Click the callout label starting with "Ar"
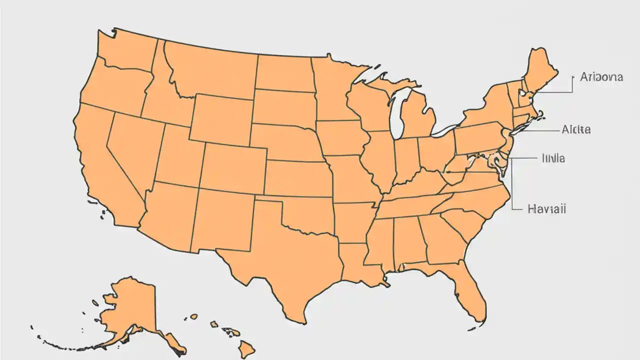601,77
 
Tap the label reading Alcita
576,129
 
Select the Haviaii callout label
546,209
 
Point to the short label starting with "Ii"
553,158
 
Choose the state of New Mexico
222,220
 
